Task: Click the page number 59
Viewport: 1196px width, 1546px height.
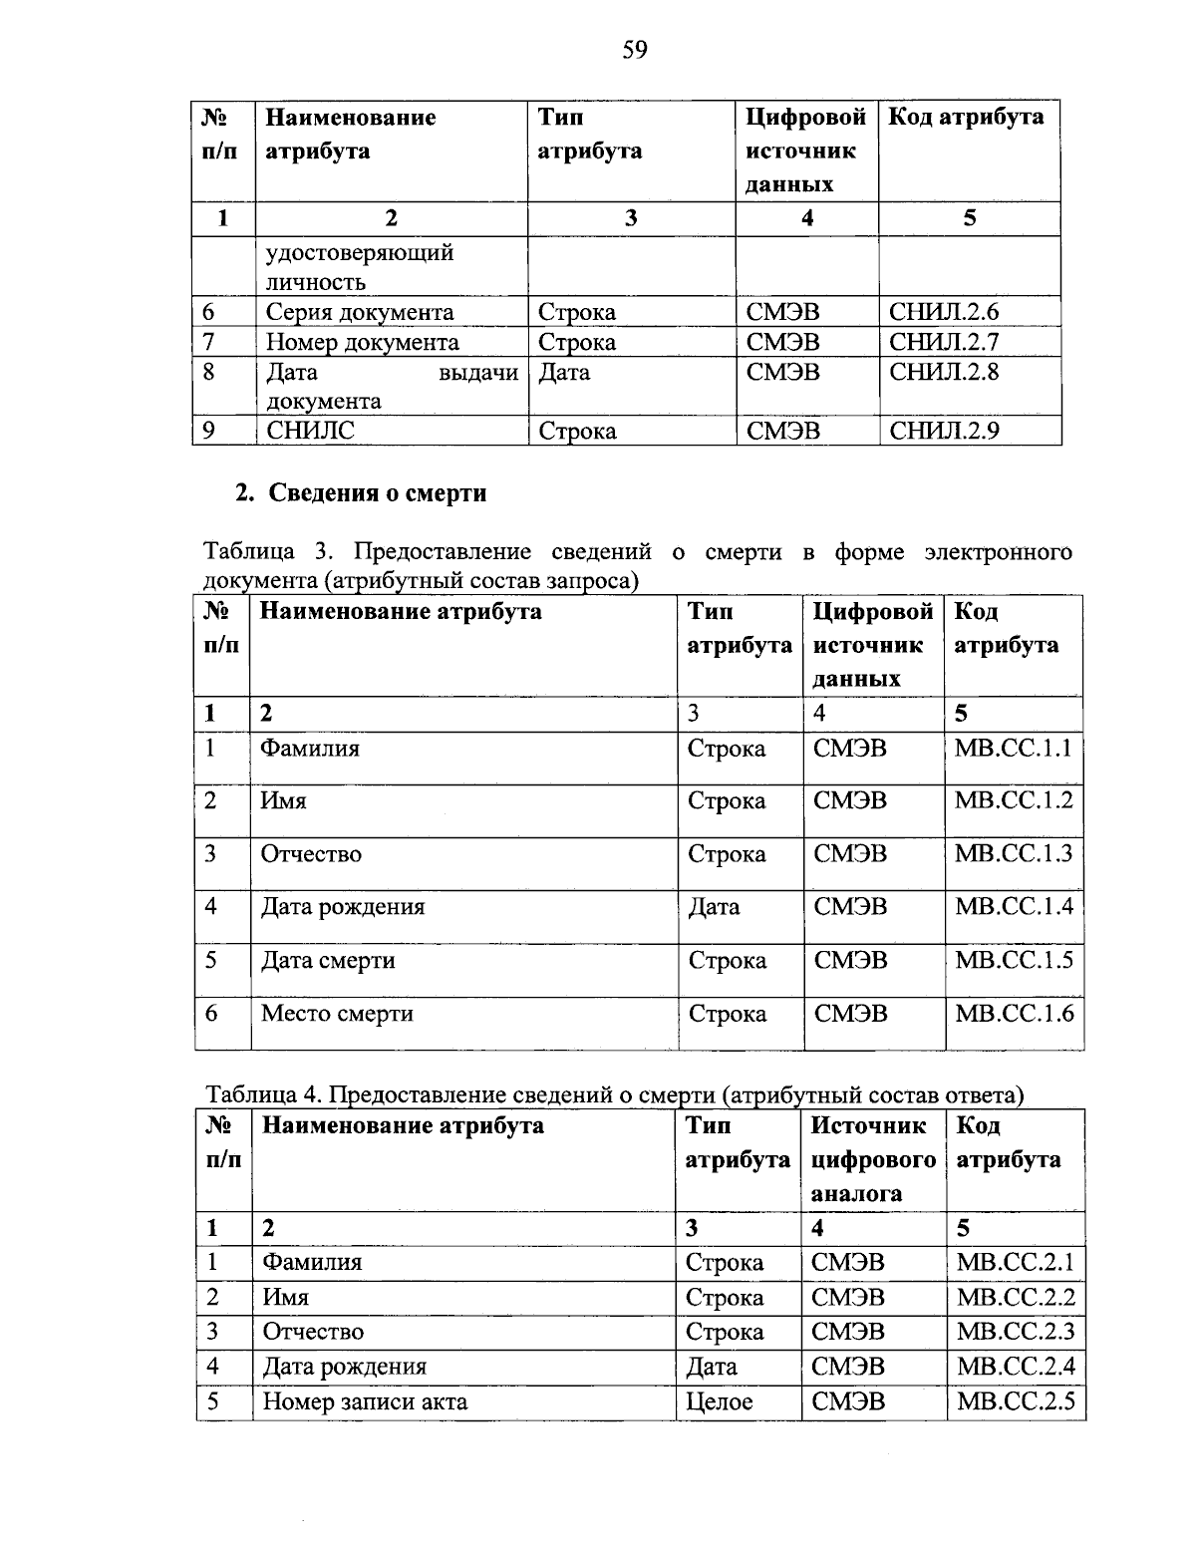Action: tap(635, 49)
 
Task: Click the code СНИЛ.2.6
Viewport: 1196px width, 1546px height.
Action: tap(943, 312)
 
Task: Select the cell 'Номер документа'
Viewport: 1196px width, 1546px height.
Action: tap(362, 342)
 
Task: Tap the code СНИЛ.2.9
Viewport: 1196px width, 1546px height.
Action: tap(943, 431)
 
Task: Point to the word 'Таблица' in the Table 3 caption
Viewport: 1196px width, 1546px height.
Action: tap(249, 551)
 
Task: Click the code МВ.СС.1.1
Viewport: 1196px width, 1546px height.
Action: tap(1014, 748)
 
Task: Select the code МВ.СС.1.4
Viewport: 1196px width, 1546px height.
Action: tap(1014, 906)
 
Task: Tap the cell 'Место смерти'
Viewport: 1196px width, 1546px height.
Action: tap(337, 1013)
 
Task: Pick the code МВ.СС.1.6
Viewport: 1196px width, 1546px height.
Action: tap(1014, 1013)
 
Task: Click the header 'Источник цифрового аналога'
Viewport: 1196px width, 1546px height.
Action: tap(872, 1159)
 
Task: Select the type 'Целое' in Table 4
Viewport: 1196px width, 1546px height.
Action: tap(720, 1401)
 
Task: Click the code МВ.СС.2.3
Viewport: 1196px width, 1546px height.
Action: tap(1016, 1332)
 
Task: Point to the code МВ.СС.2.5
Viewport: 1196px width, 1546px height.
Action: tap(1016, 1401)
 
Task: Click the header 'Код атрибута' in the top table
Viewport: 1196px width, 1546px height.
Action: tap(966, 117)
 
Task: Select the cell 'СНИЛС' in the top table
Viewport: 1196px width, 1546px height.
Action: tap(310, 431)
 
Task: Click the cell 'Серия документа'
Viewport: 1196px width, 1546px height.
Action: tap(359, 312)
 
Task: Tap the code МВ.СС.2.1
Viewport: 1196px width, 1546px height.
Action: tap(1016, 1262)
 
